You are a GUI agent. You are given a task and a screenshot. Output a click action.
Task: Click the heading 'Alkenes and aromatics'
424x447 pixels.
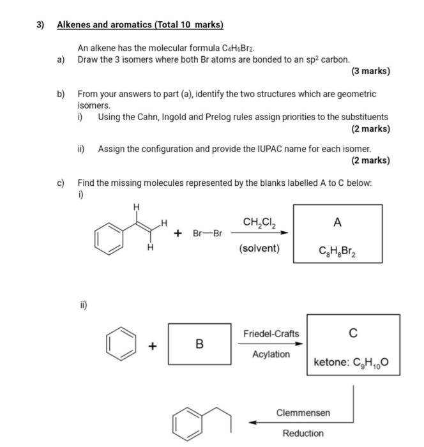coord(140,26)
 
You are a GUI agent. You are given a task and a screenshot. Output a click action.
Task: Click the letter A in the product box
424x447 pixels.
coord(337,222)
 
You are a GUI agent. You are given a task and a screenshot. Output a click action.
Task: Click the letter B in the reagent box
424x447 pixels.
coord(199,344)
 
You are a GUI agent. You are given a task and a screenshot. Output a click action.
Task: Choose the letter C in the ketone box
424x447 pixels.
coord(353,333)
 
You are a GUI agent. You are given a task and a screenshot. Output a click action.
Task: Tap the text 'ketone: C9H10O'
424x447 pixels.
coord(351,363)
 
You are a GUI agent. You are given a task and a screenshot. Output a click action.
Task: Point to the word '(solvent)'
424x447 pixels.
coord(259,248)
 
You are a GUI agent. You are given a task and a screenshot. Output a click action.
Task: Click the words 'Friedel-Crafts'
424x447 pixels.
coord(271,334)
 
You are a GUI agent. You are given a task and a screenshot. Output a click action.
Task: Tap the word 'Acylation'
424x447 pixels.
coord(271,354)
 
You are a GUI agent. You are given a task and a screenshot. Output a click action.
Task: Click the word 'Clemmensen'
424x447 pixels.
coord(303,413)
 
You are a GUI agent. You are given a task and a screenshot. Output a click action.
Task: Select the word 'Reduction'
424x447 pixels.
coord(303,433)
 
